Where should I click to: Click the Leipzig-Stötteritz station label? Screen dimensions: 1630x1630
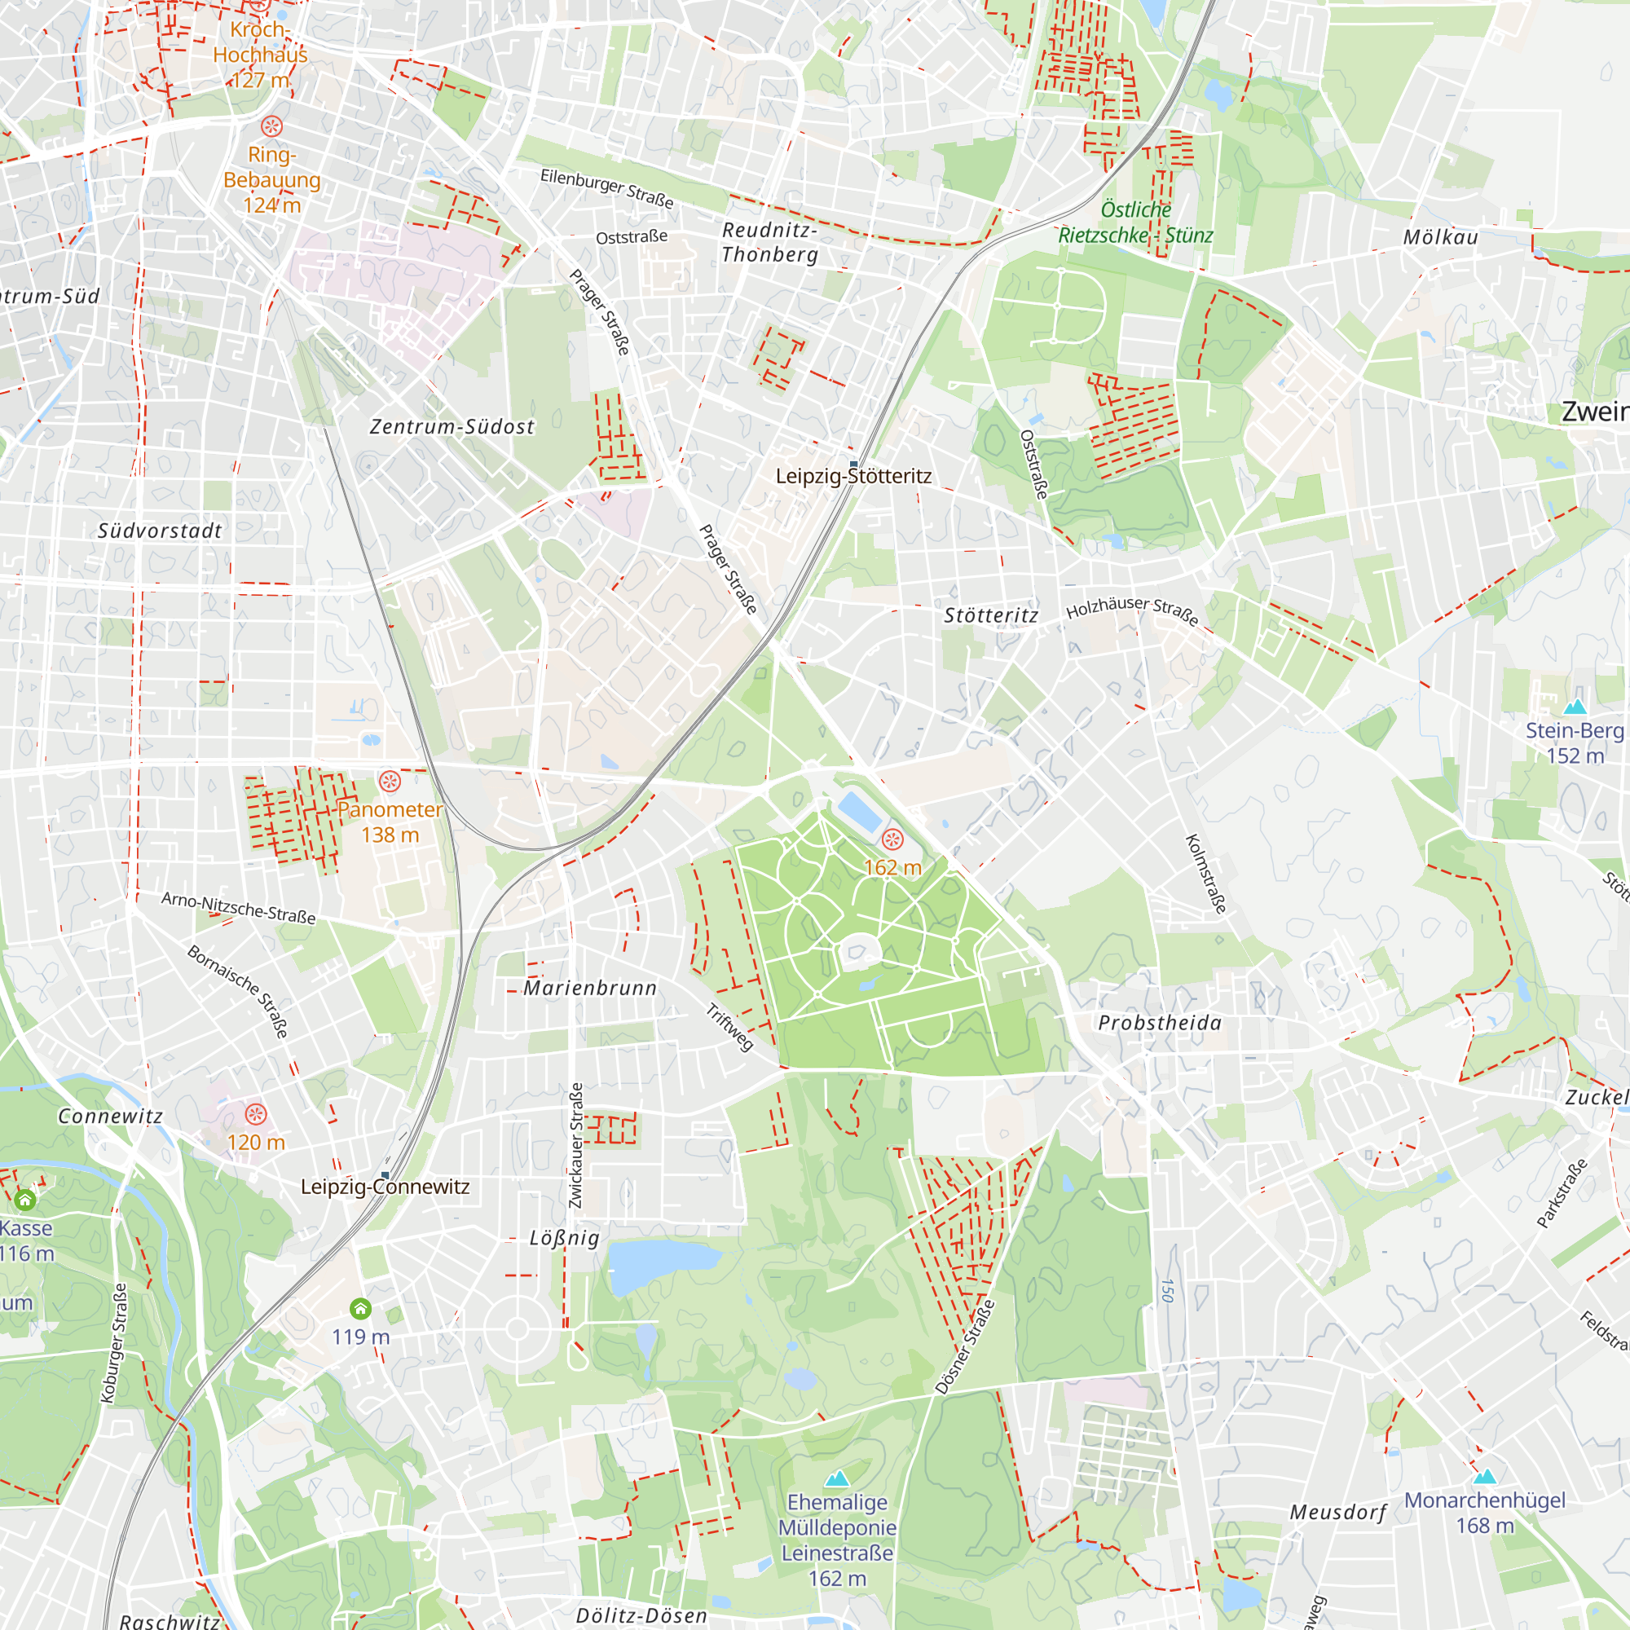(x=853, y=476)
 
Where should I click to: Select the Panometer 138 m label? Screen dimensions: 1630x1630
(x=390, y=822)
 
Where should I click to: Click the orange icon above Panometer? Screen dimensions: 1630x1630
(x=389, y=781)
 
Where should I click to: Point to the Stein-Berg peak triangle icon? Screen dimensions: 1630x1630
(x=1575, y=706)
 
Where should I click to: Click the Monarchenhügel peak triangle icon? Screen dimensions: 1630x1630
(x=1484, y=1476)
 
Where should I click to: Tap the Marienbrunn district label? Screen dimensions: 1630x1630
(x=590, y=988)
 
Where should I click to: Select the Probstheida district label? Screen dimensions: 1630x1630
(x=1159, y=1023)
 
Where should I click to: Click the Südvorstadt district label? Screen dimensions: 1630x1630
(x=160, y=531)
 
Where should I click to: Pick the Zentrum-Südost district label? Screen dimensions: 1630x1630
(x=452, y=427)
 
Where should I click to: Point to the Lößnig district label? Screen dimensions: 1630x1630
(x=565, y=1238)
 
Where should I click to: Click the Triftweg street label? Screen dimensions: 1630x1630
(x=729, y=1027)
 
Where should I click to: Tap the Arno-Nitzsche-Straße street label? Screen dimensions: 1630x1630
(x=239, y=908)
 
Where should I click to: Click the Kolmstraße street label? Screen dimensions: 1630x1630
(x=1205, y=873)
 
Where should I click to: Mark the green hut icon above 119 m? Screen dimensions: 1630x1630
(x=360, y=1309)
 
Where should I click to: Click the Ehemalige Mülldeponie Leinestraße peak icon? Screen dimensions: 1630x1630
(x=836, y=1478)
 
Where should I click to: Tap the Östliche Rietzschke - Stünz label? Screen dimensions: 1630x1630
(x=1135, y=222)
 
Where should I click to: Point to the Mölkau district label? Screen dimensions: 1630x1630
(x=1440, y=238)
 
